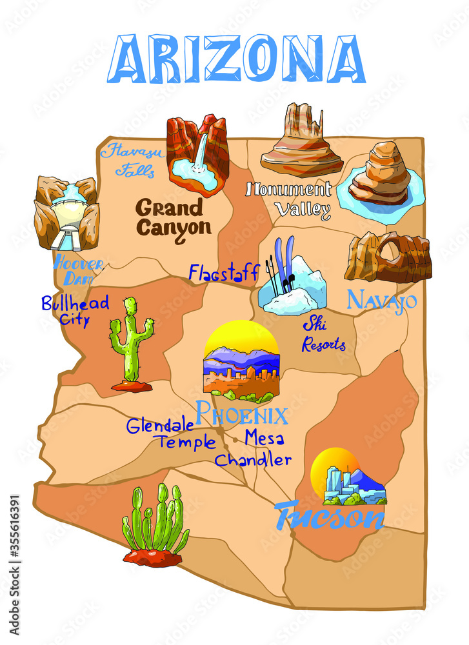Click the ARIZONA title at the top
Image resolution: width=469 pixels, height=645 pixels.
pyautogui.click(x=236, y=59)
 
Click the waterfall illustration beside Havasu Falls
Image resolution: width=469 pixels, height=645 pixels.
pyautogui.click(x=198, y=155)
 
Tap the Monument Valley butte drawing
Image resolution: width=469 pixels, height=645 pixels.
pyautogui.click(x=301, y=141)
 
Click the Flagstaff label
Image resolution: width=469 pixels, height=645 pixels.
pyautogui.click(x=225, y=272)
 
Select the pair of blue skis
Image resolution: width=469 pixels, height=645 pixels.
pyautogui.click(x=284, y=268)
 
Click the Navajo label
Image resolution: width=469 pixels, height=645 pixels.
pyautogui.click(x=382, y=301)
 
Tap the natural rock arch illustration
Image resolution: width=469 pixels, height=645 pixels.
pyautogui.click(x=388, y=257)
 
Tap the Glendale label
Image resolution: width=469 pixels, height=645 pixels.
pyautogui.click(x=160, y=426)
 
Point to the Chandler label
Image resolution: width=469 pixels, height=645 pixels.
pyautogui.click(x=253, y=461)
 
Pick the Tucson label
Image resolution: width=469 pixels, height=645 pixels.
pyautogui.click(x=329, y=515)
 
